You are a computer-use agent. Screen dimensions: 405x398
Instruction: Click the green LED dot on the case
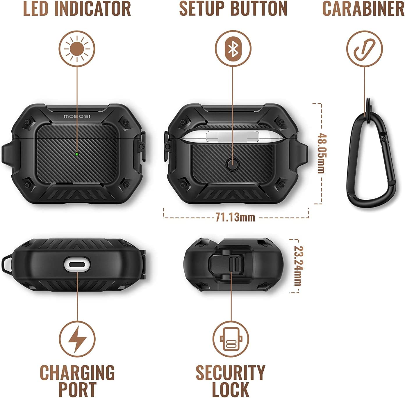77,154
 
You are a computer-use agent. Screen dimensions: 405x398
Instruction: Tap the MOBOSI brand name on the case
77,116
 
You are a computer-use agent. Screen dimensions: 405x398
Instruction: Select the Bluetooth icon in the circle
233,48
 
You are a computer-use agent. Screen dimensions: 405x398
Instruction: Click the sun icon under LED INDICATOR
77,49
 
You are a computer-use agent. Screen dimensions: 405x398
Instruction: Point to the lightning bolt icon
77,339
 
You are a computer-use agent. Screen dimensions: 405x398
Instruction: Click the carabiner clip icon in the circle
365,49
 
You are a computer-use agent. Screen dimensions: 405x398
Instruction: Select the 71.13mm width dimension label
235,217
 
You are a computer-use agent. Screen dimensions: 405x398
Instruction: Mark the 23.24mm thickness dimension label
298,266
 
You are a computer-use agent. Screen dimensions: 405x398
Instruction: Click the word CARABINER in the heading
363,8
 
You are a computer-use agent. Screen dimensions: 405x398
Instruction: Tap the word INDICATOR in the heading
93,8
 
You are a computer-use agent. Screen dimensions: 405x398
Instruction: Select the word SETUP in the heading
201,8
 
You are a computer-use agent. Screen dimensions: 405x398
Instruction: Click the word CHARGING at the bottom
77,373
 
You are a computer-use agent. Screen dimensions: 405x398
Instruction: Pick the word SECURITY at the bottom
231,373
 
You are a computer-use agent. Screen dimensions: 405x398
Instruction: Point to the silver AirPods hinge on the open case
232,136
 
